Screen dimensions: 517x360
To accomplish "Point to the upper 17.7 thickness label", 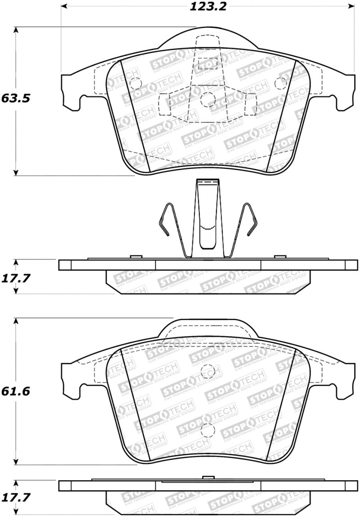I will tap(15, 278).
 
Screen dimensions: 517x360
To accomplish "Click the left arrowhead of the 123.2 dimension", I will tap(63, 6).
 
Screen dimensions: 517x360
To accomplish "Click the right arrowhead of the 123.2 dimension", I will tap(351, 6).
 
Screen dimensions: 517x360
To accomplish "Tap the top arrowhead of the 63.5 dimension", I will tap(16, 30).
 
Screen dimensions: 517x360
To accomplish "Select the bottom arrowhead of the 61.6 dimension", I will tap(16, 462).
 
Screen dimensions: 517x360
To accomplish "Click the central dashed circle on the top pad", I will tap(207, 99).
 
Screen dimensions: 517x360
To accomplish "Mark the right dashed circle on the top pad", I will tap(281, 83).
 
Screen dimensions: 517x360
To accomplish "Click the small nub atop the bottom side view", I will tap(207, 478).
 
